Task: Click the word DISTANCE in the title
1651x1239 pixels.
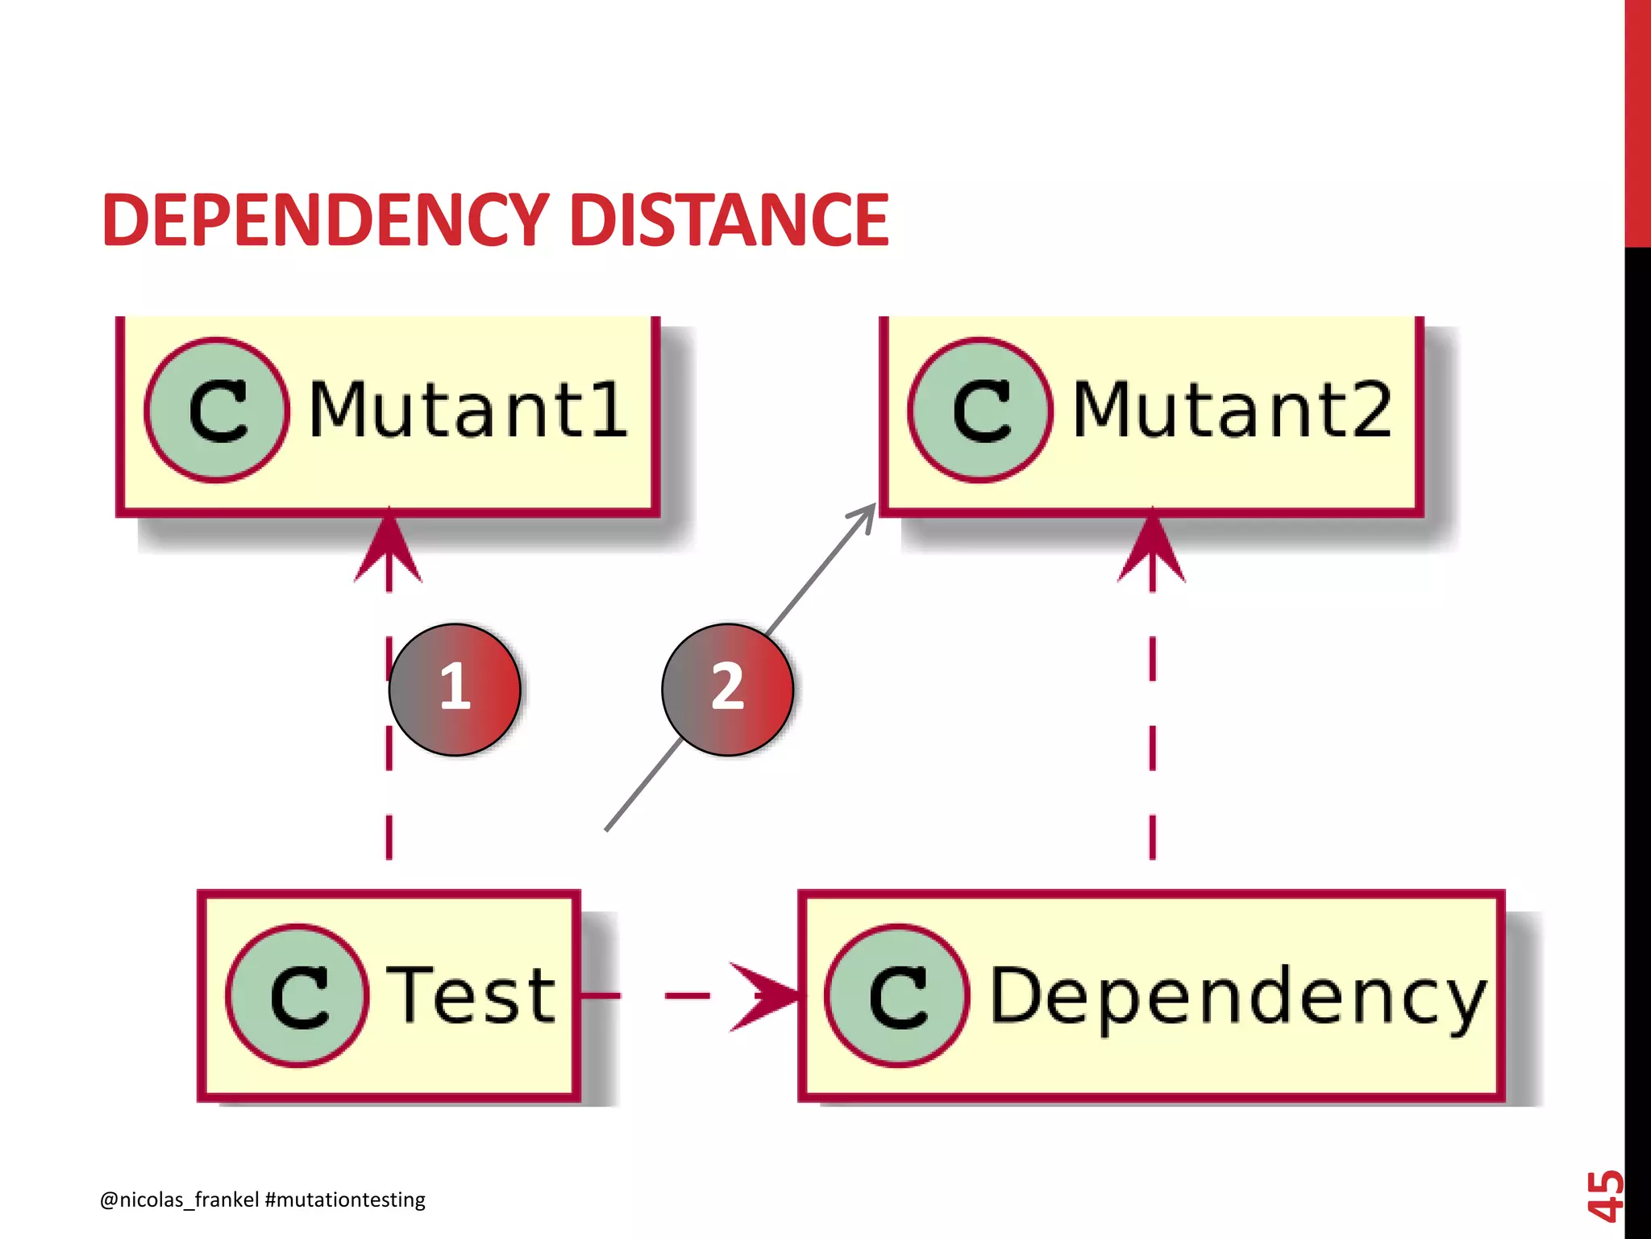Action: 729,220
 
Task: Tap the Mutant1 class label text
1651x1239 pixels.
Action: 468,411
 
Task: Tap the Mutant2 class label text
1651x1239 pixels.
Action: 1231,411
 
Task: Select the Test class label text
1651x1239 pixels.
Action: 471,996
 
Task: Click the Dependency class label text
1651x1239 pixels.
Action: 1237,998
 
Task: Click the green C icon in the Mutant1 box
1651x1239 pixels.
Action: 216,411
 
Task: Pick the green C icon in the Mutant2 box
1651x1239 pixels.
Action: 979,411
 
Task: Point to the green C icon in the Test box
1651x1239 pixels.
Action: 298,996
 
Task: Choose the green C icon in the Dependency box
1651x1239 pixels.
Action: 896,996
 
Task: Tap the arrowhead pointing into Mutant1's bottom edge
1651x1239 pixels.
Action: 389,549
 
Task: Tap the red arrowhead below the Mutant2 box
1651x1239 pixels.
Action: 1152,549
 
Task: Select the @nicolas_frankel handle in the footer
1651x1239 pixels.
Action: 179,1199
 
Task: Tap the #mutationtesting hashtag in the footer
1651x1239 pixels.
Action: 345,1199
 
